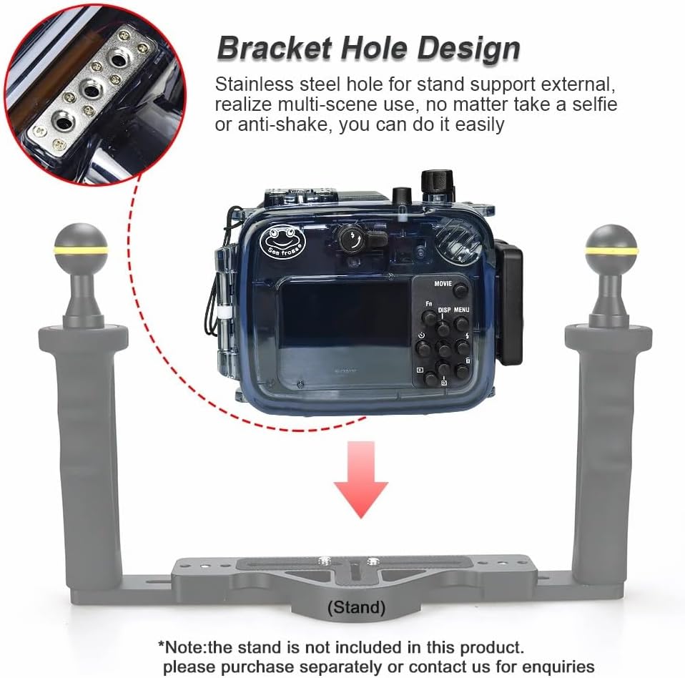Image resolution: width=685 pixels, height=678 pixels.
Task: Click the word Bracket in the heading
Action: tap(275, 49)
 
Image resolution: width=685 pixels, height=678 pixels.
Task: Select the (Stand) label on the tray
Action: tap(355, 608)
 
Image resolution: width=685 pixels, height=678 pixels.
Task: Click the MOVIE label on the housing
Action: tap(443, 283)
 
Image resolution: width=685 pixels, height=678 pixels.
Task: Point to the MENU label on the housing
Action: tap(461, 310)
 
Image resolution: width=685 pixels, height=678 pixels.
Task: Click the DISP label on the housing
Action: tap(444, 310)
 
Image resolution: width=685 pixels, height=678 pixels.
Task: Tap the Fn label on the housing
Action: tap(428, 303)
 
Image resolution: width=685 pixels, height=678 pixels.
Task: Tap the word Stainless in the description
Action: tap(253, 84)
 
